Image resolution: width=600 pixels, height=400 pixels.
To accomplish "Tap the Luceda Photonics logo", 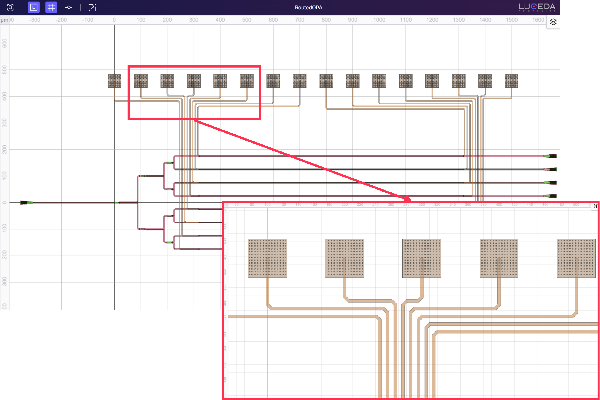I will coord(537,7).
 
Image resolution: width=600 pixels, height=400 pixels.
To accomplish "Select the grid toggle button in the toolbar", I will coord(51,7).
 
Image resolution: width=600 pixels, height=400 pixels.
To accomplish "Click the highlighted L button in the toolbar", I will coord(34,7).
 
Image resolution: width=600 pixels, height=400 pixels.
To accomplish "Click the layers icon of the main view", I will coord(553,22).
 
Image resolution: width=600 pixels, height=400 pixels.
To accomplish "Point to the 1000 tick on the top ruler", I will coord(379,20).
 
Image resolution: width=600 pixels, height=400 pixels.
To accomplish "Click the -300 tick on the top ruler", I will coord(35,20).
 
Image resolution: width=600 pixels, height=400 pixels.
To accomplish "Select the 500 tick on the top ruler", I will coord(246,20).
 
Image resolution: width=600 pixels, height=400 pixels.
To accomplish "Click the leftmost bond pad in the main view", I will coord(114,81).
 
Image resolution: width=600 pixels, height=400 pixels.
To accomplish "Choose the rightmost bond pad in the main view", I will coord(512,81).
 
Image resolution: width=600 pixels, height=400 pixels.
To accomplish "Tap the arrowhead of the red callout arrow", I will coord(407,198).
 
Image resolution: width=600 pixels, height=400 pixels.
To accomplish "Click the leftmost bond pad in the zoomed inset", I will coord(267,258).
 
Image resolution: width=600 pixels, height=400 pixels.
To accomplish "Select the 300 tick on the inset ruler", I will coord(422,205).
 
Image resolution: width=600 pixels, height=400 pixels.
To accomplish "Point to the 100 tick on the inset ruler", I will coord(267,205).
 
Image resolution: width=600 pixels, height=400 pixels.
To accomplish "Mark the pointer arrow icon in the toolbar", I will coord(92,7).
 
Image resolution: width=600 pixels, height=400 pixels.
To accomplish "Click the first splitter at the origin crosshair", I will coord(116,203).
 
